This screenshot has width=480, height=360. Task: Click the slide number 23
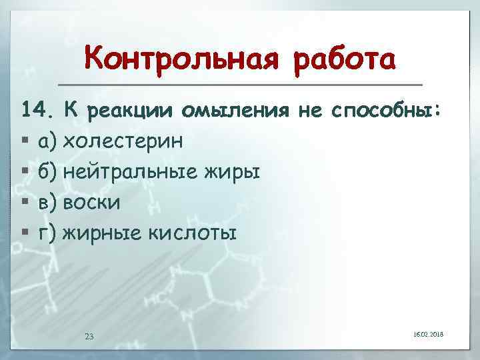[89, 336]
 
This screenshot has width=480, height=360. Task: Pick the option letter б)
[48, 172]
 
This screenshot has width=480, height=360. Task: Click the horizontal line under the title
[240, 85]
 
